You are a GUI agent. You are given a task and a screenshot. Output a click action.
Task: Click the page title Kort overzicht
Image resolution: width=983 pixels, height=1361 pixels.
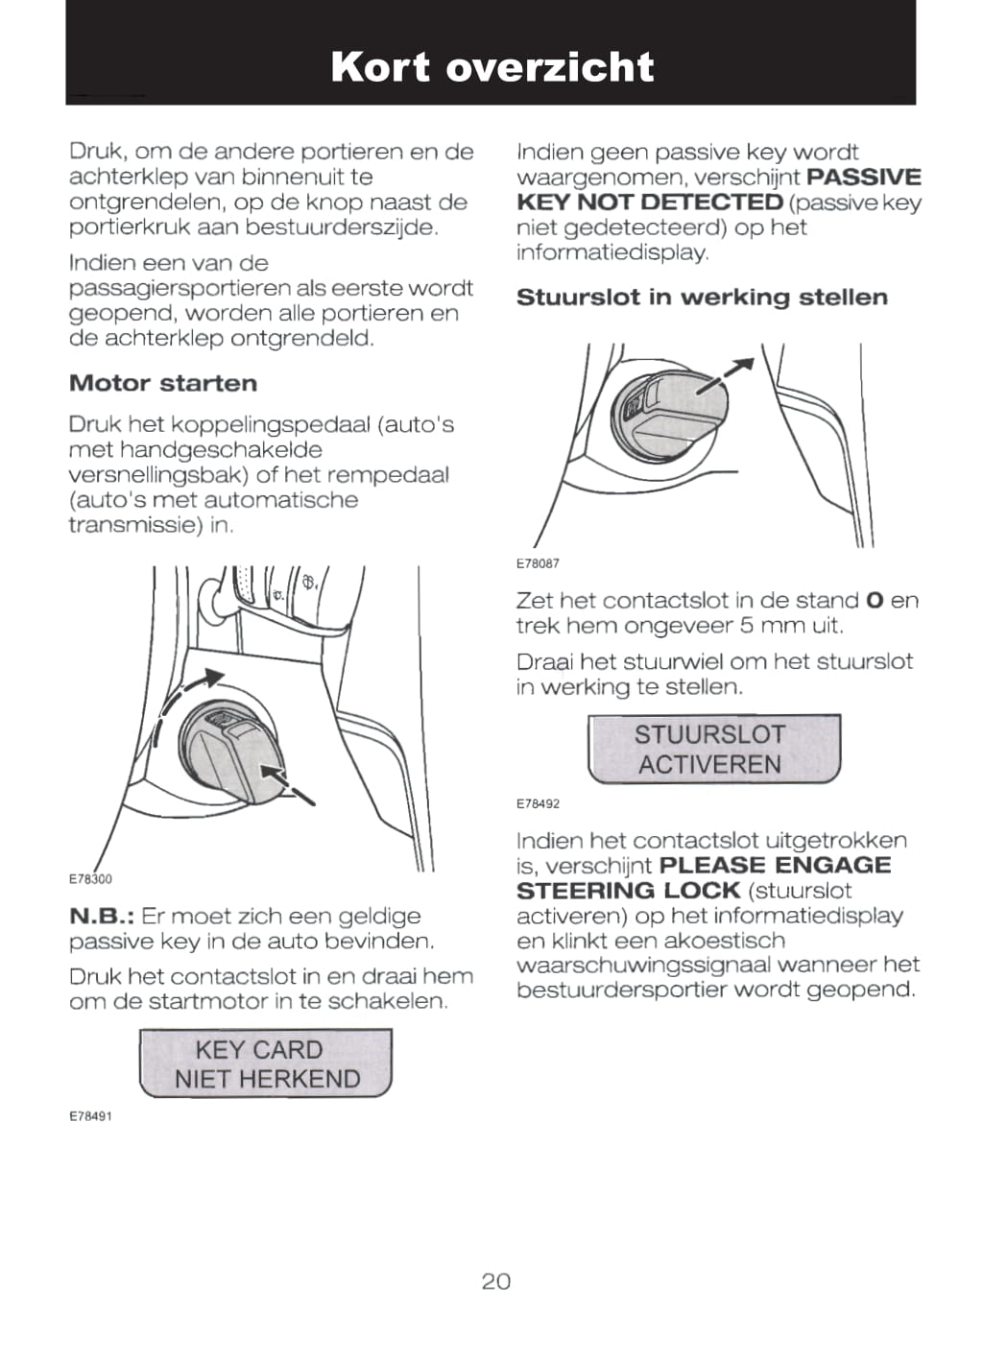pos(491,67)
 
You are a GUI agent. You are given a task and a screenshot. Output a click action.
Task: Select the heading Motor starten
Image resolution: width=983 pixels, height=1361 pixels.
pos(163,384)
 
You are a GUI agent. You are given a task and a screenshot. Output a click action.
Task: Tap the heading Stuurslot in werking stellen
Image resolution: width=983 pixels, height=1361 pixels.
pos(702,298)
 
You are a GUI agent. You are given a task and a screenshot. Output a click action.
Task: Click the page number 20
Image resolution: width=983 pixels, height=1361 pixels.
pos(495,1281)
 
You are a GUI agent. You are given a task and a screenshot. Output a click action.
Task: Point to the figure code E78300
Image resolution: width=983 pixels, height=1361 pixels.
pos(90,879)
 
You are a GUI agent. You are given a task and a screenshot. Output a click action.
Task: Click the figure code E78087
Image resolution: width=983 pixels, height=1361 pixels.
pos(538,563)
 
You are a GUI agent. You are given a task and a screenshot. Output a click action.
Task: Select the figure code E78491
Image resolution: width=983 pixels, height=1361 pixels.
pos(90,1116)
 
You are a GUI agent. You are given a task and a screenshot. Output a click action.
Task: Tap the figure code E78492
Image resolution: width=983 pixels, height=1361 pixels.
pos(538,803)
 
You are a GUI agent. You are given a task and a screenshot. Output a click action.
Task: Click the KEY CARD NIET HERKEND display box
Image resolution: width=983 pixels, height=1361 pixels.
pos(266,1063)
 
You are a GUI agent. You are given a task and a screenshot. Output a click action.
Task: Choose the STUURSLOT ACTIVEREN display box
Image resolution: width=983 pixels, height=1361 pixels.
pos(713,750)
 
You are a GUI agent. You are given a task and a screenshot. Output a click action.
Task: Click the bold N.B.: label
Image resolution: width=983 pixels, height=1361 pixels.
pos(104,917)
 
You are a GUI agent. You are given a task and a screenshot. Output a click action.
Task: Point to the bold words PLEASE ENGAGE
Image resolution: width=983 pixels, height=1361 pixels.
pos(776,866)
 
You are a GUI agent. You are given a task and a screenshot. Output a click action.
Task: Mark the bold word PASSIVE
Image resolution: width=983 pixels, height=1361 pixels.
pos(864,178)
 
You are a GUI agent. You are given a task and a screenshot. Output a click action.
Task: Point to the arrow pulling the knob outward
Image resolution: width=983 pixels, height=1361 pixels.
pos(725,376)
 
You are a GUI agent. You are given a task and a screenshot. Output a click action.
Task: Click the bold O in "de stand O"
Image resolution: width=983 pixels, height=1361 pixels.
pos(874,601)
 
